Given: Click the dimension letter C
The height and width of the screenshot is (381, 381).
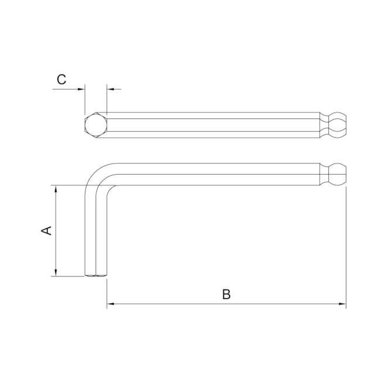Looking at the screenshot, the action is pos(62,80).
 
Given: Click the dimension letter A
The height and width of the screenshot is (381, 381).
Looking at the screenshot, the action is pos(46,230).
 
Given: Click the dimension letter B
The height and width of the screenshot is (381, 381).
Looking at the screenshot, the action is pos(226,294).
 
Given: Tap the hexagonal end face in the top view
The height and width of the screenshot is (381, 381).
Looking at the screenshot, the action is pos(96,125).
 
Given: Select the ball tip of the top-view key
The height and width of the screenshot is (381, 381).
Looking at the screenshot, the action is pos(338,125).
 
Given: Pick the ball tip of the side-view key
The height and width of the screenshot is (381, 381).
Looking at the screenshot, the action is pos(338,174).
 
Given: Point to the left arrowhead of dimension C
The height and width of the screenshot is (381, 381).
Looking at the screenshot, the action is pos(81,89).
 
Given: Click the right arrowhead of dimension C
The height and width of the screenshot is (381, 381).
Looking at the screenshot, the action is pos(111,89).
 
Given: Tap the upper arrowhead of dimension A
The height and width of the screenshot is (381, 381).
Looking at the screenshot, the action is pos(56,189).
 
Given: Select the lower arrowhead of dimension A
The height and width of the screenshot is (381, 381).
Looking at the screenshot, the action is pos(56,273).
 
